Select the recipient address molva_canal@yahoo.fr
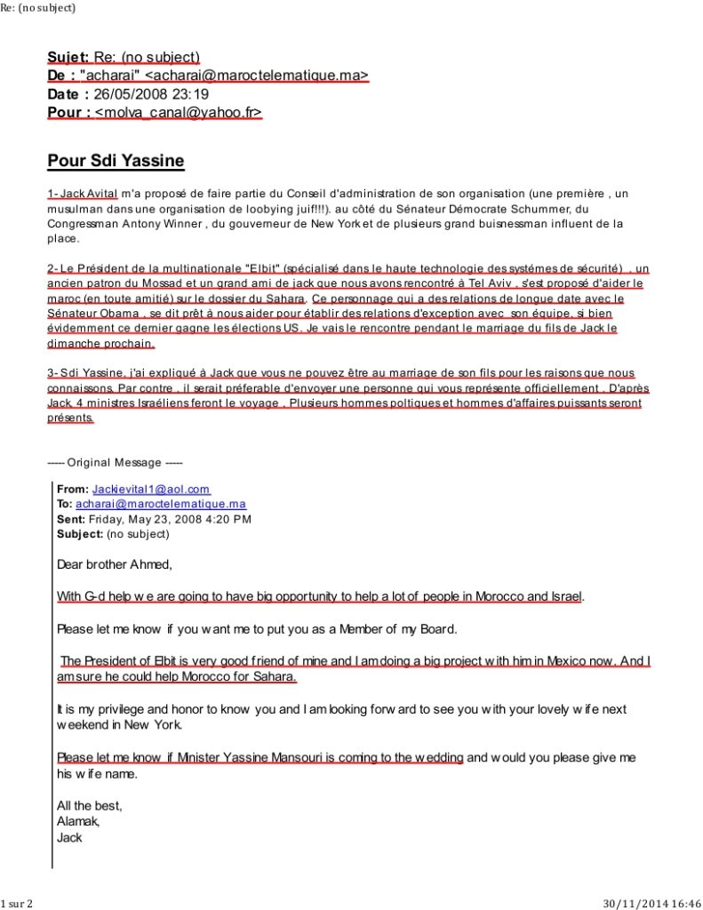pos(179,112)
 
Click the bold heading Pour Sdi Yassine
pos(116,161)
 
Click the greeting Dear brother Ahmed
pos(114,564)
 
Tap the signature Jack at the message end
pos(69,836)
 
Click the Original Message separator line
pos(115,462)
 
